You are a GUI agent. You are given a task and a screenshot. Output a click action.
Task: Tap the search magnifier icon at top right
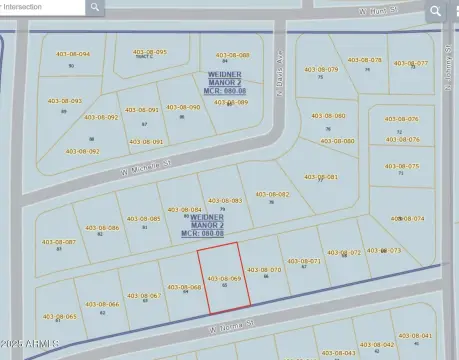point(435,10)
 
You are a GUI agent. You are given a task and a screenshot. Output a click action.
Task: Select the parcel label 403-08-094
point(72,55)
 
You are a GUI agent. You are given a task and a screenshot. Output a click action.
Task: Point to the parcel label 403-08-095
point(148,52)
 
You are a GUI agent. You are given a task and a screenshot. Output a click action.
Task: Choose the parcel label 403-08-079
point(321,70)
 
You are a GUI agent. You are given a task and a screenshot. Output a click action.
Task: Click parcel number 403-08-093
point(64,101)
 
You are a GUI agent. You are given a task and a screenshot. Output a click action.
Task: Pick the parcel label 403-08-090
point(184,107)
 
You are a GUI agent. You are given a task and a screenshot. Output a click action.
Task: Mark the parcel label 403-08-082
point(272,195)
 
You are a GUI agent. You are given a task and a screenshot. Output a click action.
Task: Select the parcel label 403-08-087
point(58,242)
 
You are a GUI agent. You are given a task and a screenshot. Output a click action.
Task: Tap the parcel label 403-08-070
point(264,269)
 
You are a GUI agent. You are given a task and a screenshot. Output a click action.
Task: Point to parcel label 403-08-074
point(407,218)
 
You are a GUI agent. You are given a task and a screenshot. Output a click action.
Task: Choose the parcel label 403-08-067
point(143,295)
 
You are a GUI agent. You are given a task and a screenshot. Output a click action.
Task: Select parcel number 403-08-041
point(414,336)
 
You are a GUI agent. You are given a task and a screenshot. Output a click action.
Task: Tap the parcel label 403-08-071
point(303,261)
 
